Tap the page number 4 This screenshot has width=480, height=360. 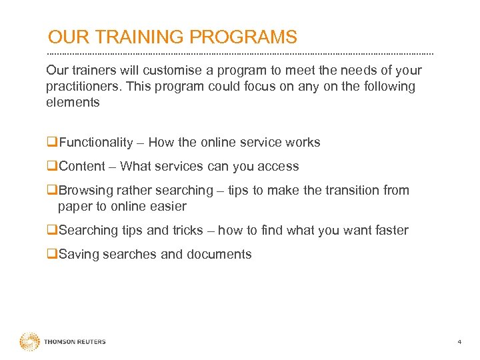(459, 342)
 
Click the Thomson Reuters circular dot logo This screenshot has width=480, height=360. (29, 342)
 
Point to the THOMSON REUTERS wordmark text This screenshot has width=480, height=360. (75, 342)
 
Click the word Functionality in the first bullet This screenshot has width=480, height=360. (96, 143)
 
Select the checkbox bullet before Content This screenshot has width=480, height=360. (51, 167)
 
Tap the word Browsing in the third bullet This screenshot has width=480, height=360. (85, 191)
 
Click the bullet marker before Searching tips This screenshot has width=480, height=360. (51, 231)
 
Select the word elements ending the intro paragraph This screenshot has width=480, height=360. (73, 103)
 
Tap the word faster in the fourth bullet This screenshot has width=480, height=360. (390, 231)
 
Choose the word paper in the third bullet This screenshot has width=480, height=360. (74, 207)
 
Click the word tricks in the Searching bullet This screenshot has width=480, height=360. (187, 231)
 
